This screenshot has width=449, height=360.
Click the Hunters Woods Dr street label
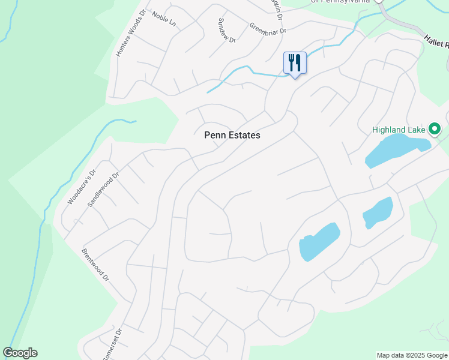(131, 33)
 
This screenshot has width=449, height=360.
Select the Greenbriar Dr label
(268, 28)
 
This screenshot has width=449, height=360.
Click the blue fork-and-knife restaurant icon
(295, 62)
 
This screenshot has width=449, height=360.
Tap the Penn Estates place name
(232, 135)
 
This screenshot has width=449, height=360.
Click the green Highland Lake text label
(398, 129)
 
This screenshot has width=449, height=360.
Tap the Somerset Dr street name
(112, 343)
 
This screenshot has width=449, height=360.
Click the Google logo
(20, 353)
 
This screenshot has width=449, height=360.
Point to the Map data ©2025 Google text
(411, 355)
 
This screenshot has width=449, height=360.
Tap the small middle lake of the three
(378, 212)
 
